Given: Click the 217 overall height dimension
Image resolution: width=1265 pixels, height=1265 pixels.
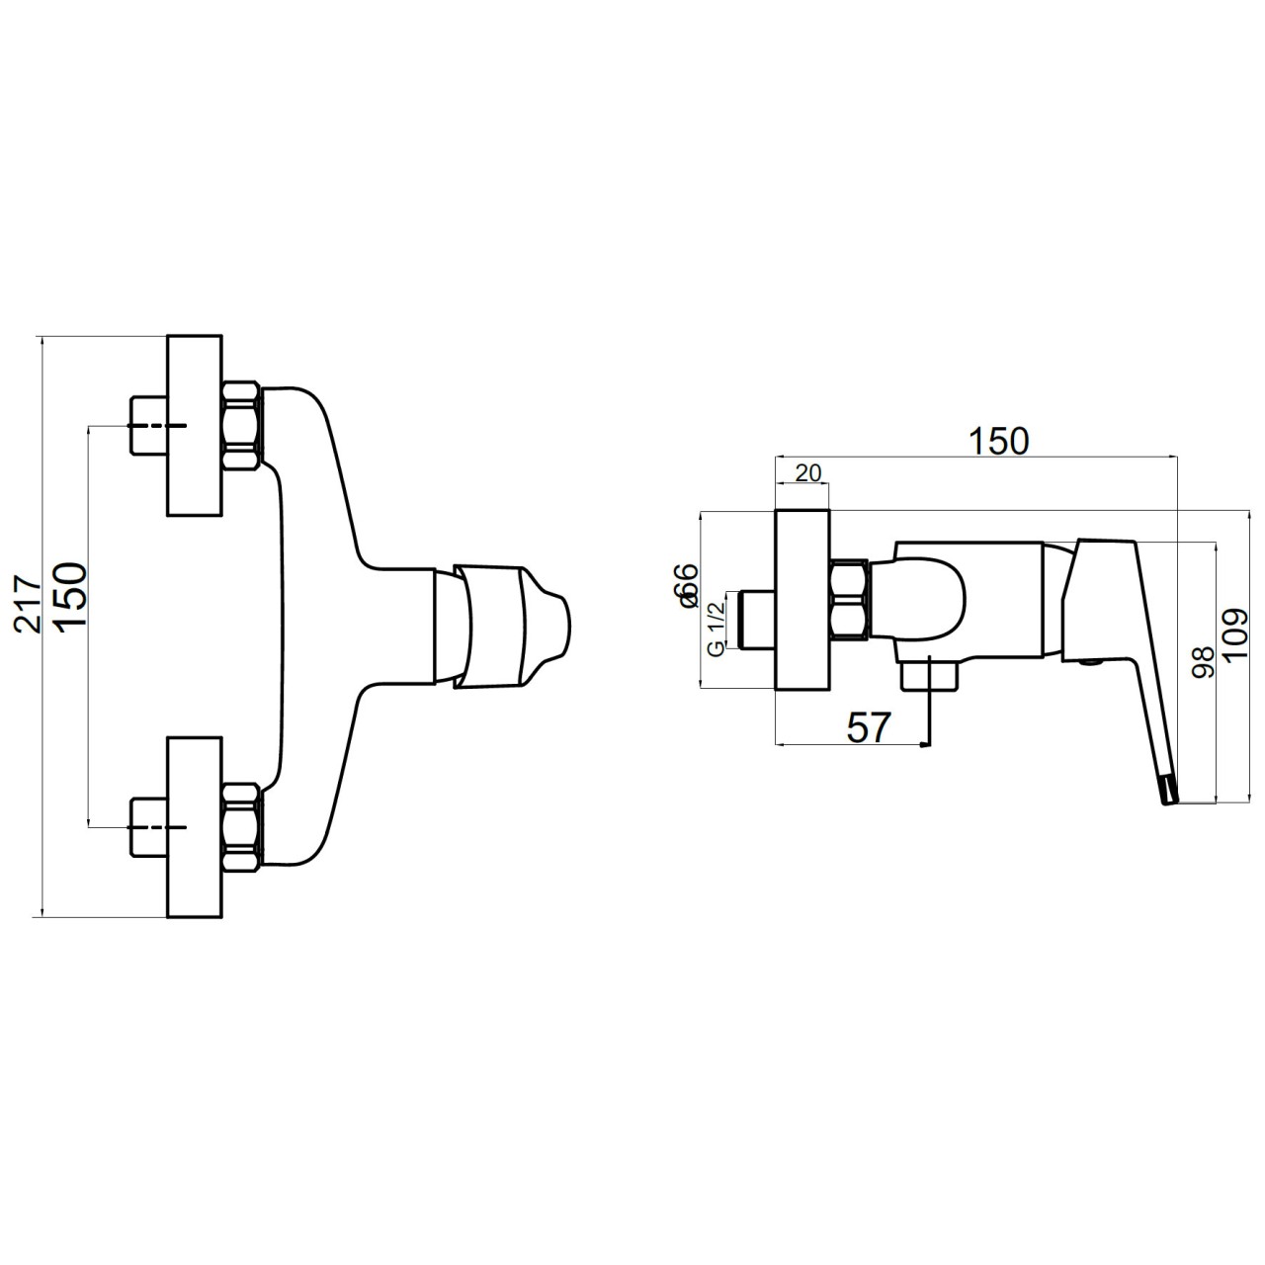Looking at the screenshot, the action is coord(29,604).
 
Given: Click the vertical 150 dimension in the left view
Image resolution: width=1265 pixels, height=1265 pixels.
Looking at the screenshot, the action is coord(71,597).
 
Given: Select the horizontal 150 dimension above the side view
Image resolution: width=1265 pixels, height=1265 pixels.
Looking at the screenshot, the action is coord(999,441).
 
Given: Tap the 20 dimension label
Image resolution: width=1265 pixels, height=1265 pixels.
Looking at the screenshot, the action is coord(808,472).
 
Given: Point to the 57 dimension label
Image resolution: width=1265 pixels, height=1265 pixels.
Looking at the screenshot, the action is coord(868,727).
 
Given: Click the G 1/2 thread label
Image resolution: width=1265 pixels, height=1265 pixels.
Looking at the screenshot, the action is coord(717,629).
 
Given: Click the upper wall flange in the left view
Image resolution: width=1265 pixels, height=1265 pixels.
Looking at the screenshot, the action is coord(195,425).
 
